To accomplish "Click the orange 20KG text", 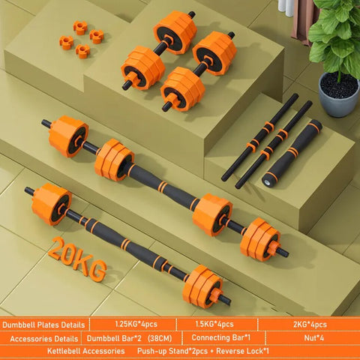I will [x=76, y=259].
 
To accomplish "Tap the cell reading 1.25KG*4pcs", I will [x=134, y=324].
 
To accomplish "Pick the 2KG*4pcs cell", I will [x=307, y=324].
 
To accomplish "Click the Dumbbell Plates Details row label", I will [x=44, y=324].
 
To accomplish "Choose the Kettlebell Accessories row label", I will [x=45, y=351].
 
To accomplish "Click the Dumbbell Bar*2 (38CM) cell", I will [x=134, y=337].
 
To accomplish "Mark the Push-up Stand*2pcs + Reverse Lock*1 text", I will [x=193, y=351].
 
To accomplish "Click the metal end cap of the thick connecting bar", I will [x=268, y=181].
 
